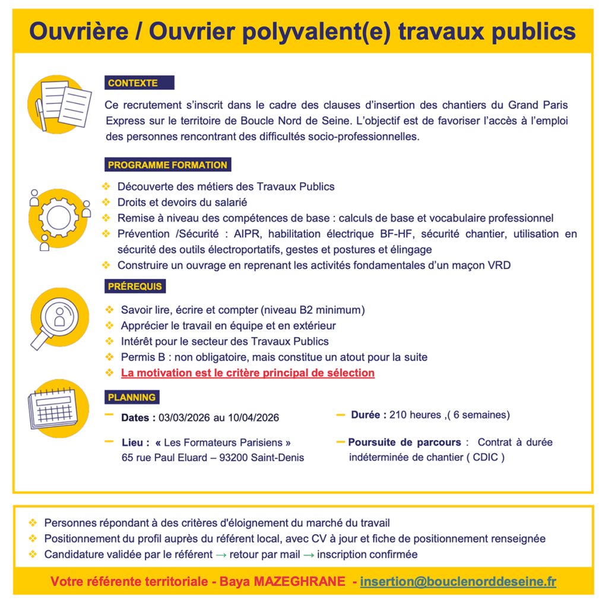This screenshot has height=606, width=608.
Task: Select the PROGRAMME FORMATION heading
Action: pos(167,165)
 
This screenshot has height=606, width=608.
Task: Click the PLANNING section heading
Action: pos(132,398)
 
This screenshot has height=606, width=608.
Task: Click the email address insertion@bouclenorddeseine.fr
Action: pos(458,582)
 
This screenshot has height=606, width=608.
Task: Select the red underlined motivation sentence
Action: pos(248,373)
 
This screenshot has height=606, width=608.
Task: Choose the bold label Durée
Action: pos(368,415)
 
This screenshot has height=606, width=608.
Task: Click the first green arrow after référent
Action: pos(221,555)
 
